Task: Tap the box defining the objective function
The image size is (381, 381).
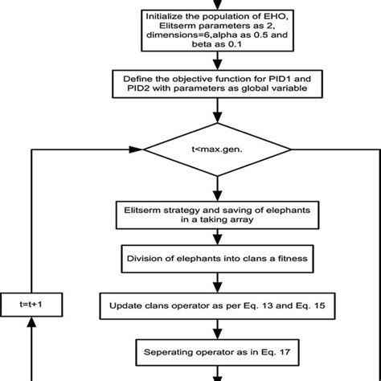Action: pyautogui.click(x=214, y=85)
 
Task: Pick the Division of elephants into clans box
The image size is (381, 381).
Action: pyautogui.click(x=214, y=259)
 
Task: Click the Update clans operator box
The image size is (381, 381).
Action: pyautogui.click(x=214, y=305)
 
